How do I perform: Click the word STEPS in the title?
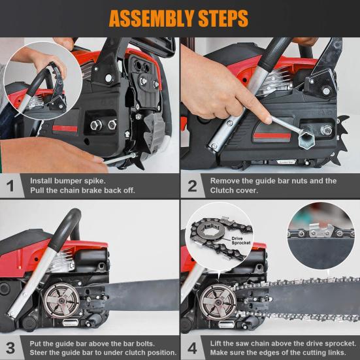(x=219, y=18)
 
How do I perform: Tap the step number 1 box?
(x=10, y=186)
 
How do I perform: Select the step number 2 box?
(x=192, y=186)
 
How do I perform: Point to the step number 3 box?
(x=10, y=347)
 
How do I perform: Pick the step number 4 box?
(x=192, y=347)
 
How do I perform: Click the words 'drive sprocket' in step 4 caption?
(x=316, y=342)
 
